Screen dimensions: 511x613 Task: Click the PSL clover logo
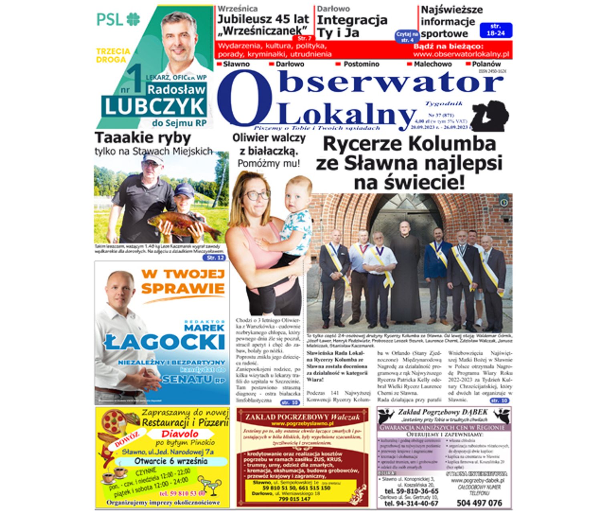[x=133, y=19]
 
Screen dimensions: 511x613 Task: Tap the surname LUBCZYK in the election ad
[x=155, y=107]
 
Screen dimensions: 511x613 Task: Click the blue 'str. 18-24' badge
[x=496, y=30]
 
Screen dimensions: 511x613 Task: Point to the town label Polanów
[x=486, y=64]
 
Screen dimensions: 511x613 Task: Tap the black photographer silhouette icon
[x=489, y=116]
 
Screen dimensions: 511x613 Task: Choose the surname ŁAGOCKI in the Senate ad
[x=165, y=343]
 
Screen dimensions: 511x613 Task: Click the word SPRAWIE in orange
[x=183, y=288]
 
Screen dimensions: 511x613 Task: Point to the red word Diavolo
[x=180, y=434]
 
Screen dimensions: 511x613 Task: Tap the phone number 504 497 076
[x=479, y=503]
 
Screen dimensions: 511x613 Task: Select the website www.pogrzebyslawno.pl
[x=302, y=424]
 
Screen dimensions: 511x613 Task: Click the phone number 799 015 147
[x=294, y=499]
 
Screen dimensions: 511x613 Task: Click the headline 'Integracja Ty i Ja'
[x=352, y=26]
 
